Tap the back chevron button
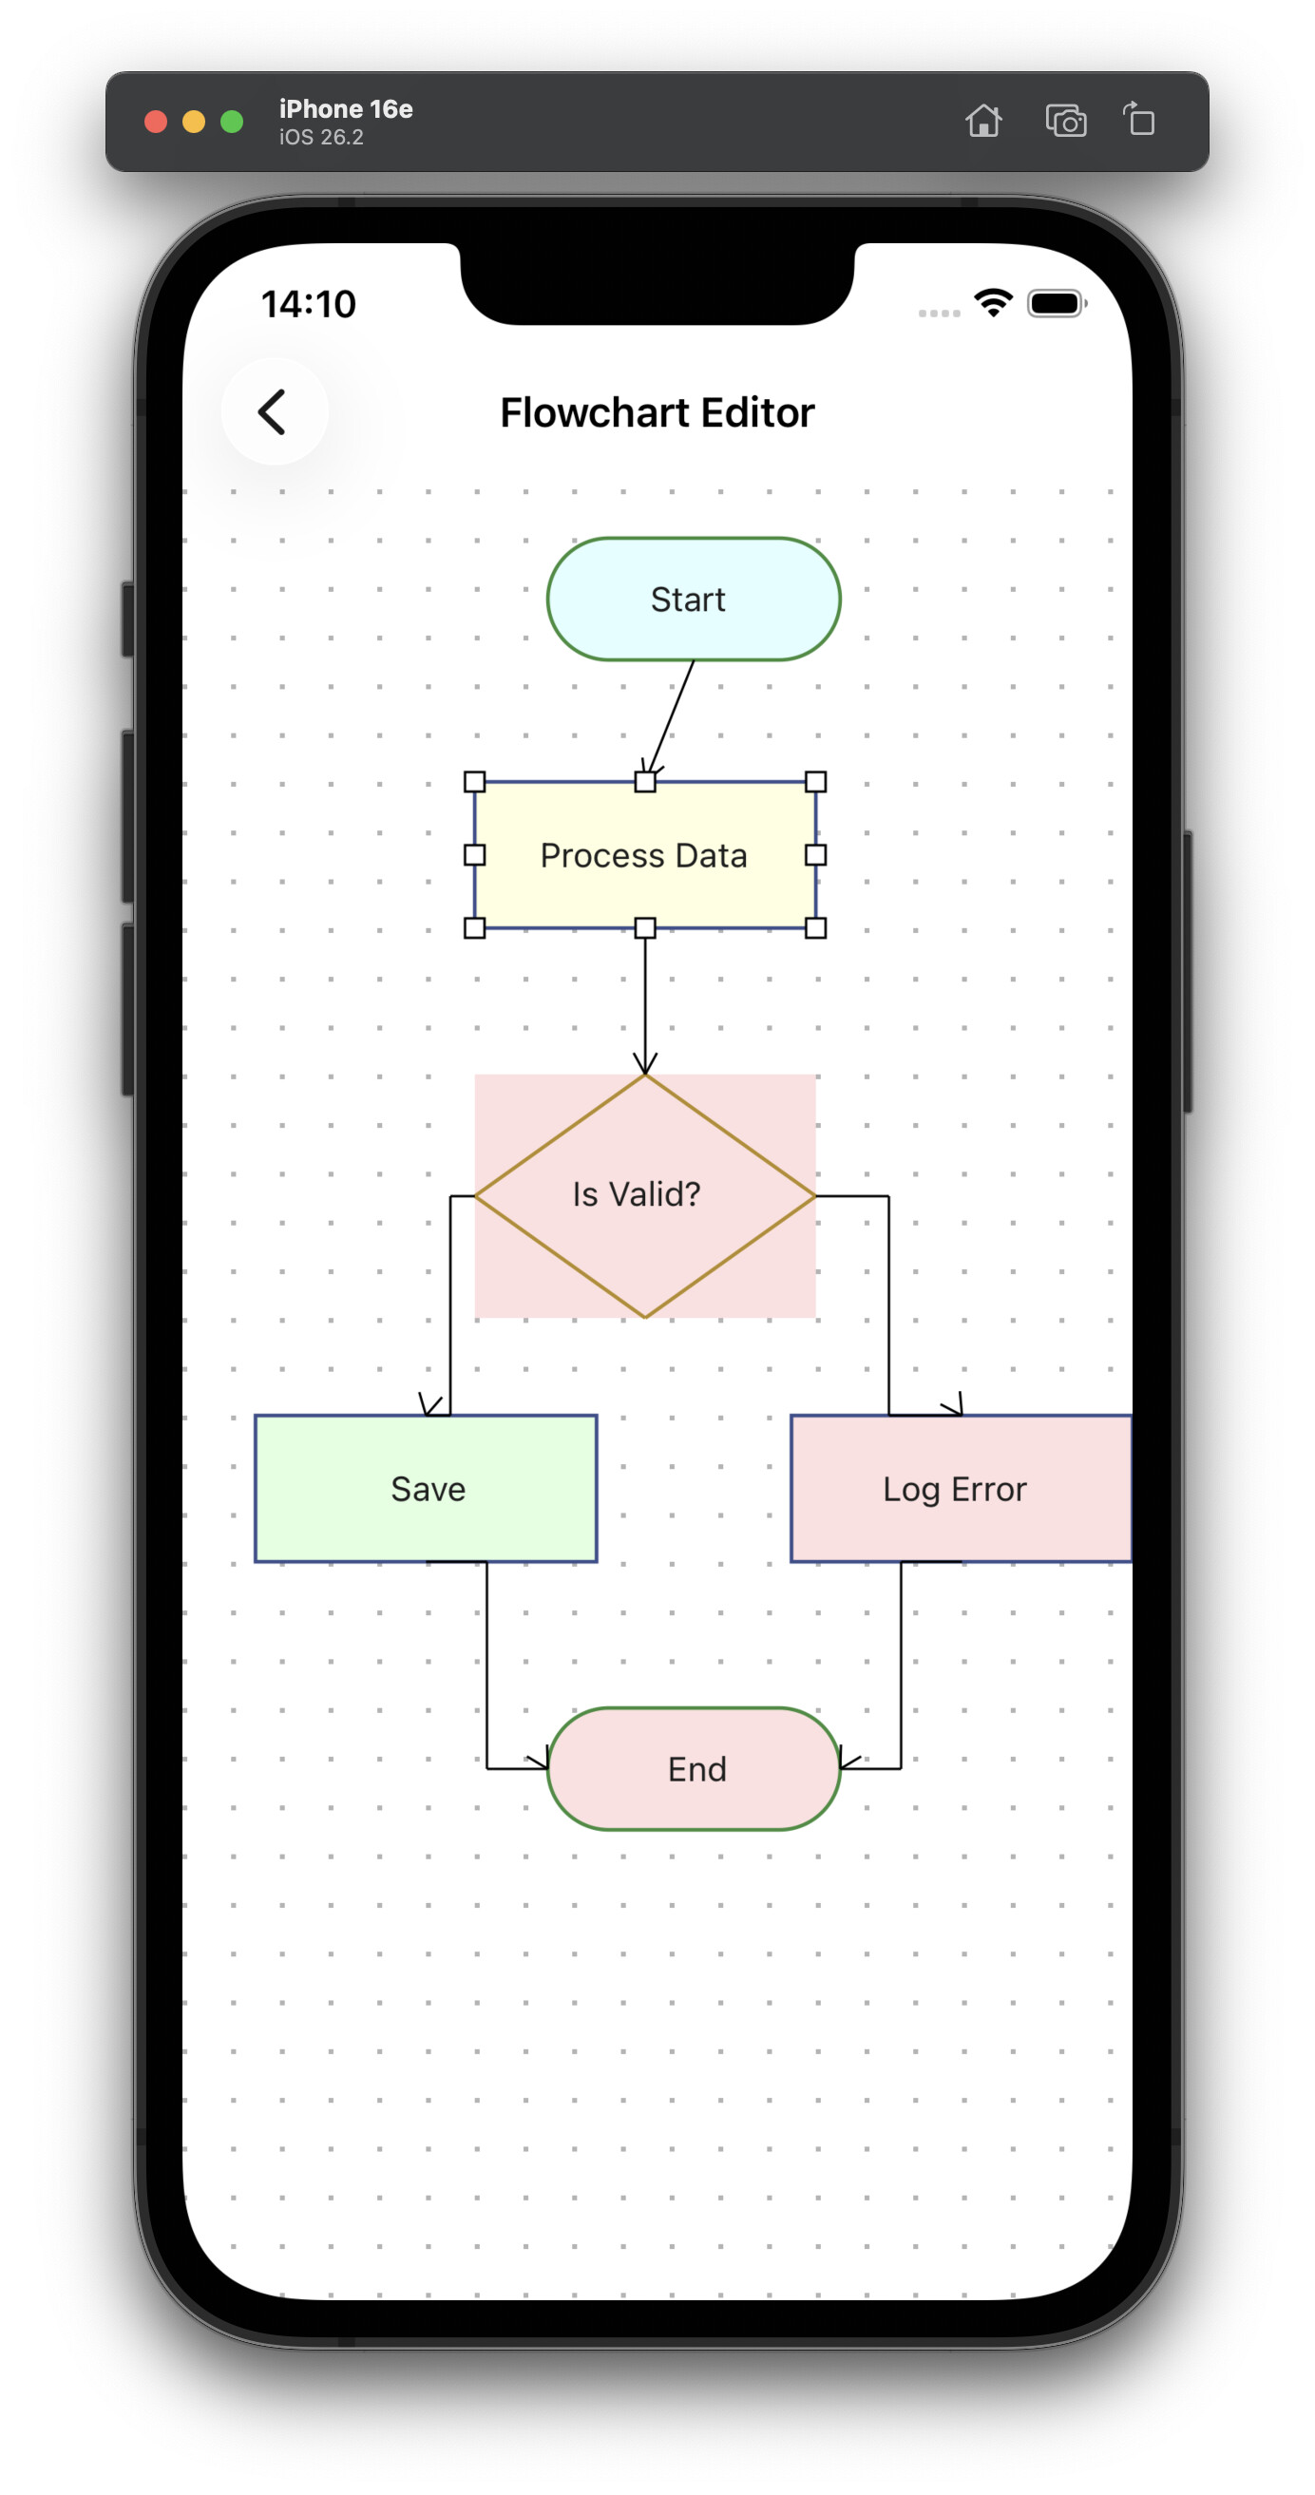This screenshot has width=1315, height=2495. [x=273, y=411]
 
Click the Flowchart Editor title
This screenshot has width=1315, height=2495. [x=657, y=412]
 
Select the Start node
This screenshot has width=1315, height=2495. [x=694, y=600]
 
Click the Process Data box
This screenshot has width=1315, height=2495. [x=645, y=855]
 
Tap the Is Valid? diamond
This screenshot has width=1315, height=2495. [x=645, y=1195]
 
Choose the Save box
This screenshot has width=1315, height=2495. [x=425, y=1489]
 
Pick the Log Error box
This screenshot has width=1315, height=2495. [x=959, y=1489]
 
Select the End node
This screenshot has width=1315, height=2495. [x=694, y=1768]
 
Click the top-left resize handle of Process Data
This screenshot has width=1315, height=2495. [x=474, y=782]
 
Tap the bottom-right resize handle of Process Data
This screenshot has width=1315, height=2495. [x=815, y=928]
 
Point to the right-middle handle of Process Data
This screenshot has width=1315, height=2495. [x=815, y=854]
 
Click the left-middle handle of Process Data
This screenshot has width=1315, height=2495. [x=474, y=854]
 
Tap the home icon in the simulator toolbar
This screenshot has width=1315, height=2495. [x=982, y=121]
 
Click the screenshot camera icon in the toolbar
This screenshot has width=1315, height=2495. [x=1065, y=121]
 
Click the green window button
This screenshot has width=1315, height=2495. [x=232, y=121]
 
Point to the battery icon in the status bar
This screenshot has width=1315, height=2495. [x=1056, y=304]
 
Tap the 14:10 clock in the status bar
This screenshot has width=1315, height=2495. [x=308, y=304]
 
